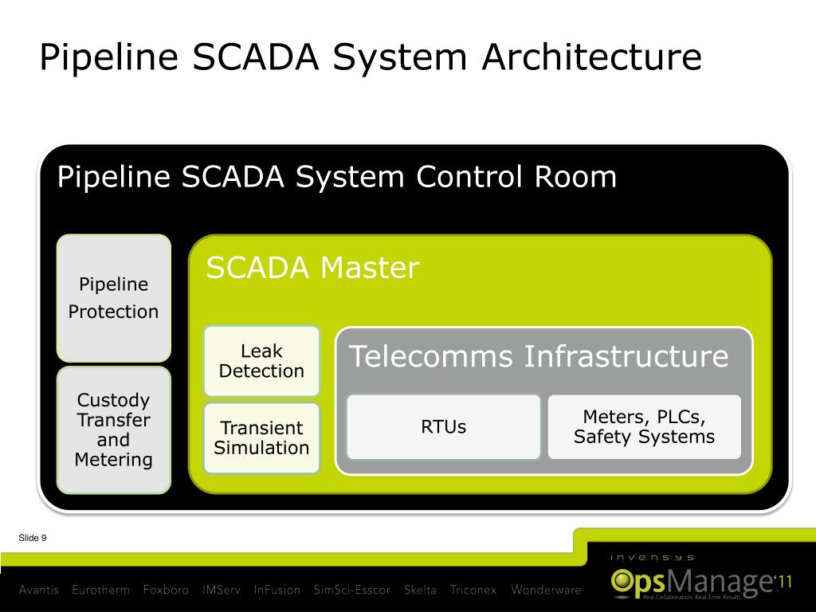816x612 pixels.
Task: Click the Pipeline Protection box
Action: click(113, 298)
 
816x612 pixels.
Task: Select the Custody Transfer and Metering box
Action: click(113, 430)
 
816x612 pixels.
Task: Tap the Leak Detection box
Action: click(261, 361)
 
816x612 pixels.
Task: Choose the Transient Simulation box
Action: click(261, 437)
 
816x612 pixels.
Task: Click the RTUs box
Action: click(444, 427)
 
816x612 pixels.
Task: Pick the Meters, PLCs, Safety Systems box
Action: click(644, 427)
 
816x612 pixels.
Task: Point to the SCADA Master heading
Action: click(312, 269)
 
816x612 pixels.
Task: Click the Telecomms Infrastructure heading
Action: click(539, 356)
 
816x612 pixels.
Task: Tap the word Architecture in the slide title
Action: click(590, 58)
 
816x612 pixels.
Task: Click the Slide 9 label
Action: click(33, 539)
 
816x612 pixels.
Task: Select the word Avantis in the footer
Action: click(39, 590)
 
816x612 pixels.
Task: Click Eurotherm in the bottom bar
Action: click(100, 590)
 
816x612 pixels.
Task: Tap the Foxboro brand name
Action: click(166, 590)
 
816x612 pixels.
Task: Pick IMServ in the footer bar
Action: click(221, 590)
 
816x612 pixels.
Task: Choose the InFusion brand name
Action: click(277, 590)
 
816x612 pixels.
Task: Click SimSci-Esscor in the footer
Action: click(352, 590)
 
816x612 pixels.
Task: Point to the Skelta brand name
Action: click(420, 590)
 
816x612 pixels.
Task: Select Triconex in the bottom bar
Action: click(473, 590)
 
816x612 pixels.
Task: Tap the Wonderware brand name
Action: click(546, 590)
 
